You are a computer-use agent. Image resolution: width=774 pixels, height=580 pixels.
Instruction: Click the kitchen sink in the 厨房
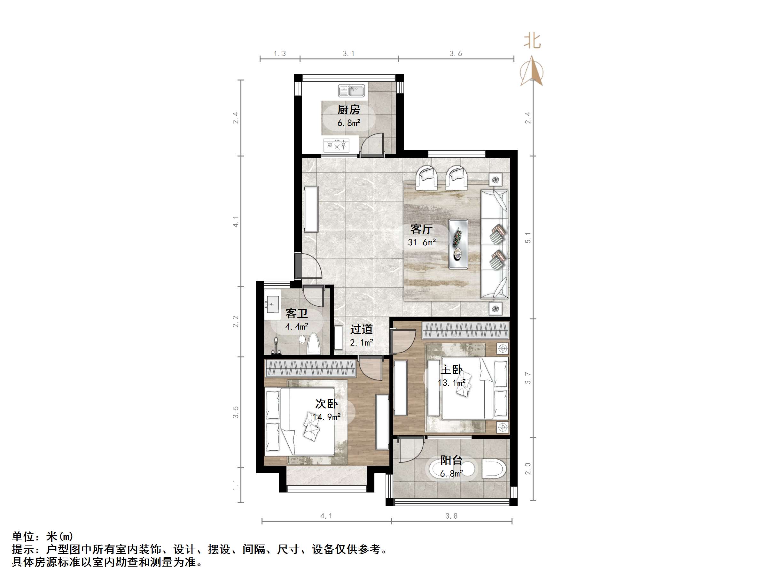[351, 91]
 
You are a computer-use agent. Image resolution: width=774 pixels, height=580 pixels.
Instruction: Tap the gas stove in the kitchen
[336, 144]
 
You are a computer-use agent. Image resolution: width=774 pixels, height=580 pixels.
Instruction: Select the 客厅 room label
[421, 229]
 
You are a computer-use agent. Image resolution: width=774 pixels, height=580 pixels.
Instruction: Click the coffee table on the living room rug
[458, 244]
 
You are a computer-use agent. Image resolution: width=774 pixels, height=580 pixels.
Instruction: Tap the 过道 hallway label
[362, 329]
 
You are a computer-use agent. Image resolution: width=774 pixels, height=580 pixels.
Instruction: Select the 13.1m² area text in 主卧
[451, 383]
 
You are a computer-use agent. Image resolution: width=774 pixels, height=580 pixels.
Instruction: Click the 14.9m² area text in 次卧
[326, 417]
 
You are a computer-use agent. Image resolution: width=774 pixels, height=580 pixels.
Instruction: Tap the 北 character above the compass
[532, 41]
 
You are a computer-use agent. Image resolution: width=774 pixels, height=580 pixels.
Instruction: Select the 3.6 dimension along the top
[456, 53]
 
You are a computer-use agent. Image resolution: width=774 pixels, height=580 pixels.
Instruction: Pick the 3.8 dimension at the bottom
[451, 516]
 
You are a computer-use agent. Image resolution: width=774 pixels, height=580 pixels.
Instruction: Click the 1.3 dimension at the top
[279, 53]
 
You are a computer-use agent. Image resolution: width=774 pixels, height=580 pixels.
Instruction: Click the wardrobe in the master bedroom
[465, 330]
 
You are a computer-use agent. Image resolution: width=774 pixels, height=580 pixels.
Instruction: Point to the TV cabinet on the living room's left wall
[311, 209]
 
